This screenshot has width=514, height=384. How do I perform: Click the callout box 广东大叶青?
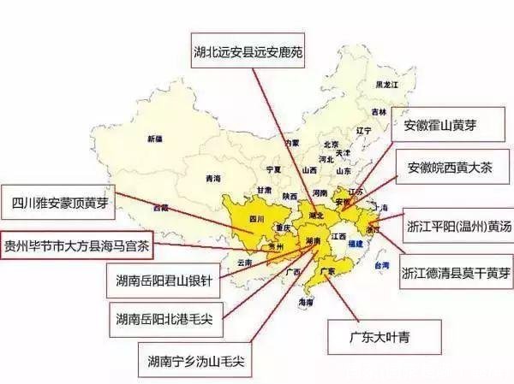coord(386,333)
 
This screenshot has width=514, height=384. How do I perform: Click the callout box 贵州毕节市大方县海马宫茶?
coord(77,244)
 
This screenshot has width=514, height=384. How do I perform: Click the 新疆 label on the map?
coord(154,139)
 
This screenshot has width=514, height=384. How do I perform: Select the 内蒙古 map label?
coord(291,142)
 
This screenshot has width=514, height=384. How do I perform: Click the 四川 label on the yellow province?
coord(256,220)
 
